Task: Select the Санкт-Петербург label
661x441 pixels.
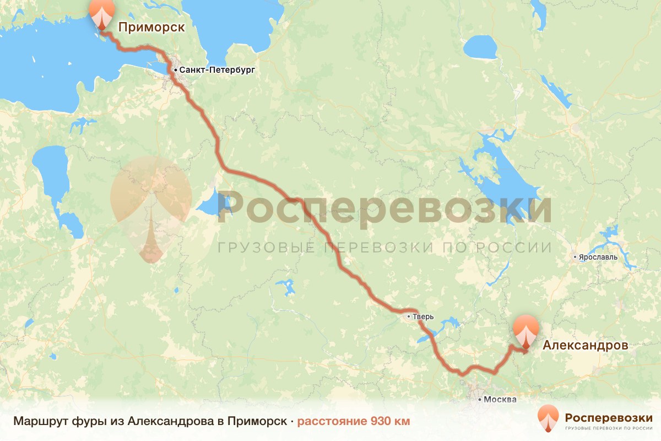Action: point(217,71)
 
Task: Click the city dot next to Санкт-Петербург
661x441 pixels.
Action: point(175,71)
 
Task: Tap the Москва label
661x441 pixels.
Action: point(500,399)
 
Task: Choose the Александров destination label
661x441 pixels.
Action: point(585,346)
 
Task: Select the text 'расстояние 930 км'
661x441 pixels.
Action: point(354,422)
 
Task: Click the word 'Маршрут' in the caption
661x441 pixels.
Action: point(41,422)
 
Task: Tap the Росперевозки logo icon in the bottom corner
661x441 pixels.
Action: point(548,419)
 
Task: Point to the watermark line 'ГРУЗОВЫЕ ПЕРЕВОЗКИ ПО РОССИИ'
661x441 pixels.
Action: point(384,248)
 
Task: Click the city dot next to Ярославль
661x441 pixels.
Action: point(575,257)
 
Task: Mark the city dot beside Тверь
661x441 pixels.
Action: point(408,317)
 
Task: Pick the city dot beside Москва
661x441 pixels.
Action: point(480,399)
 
